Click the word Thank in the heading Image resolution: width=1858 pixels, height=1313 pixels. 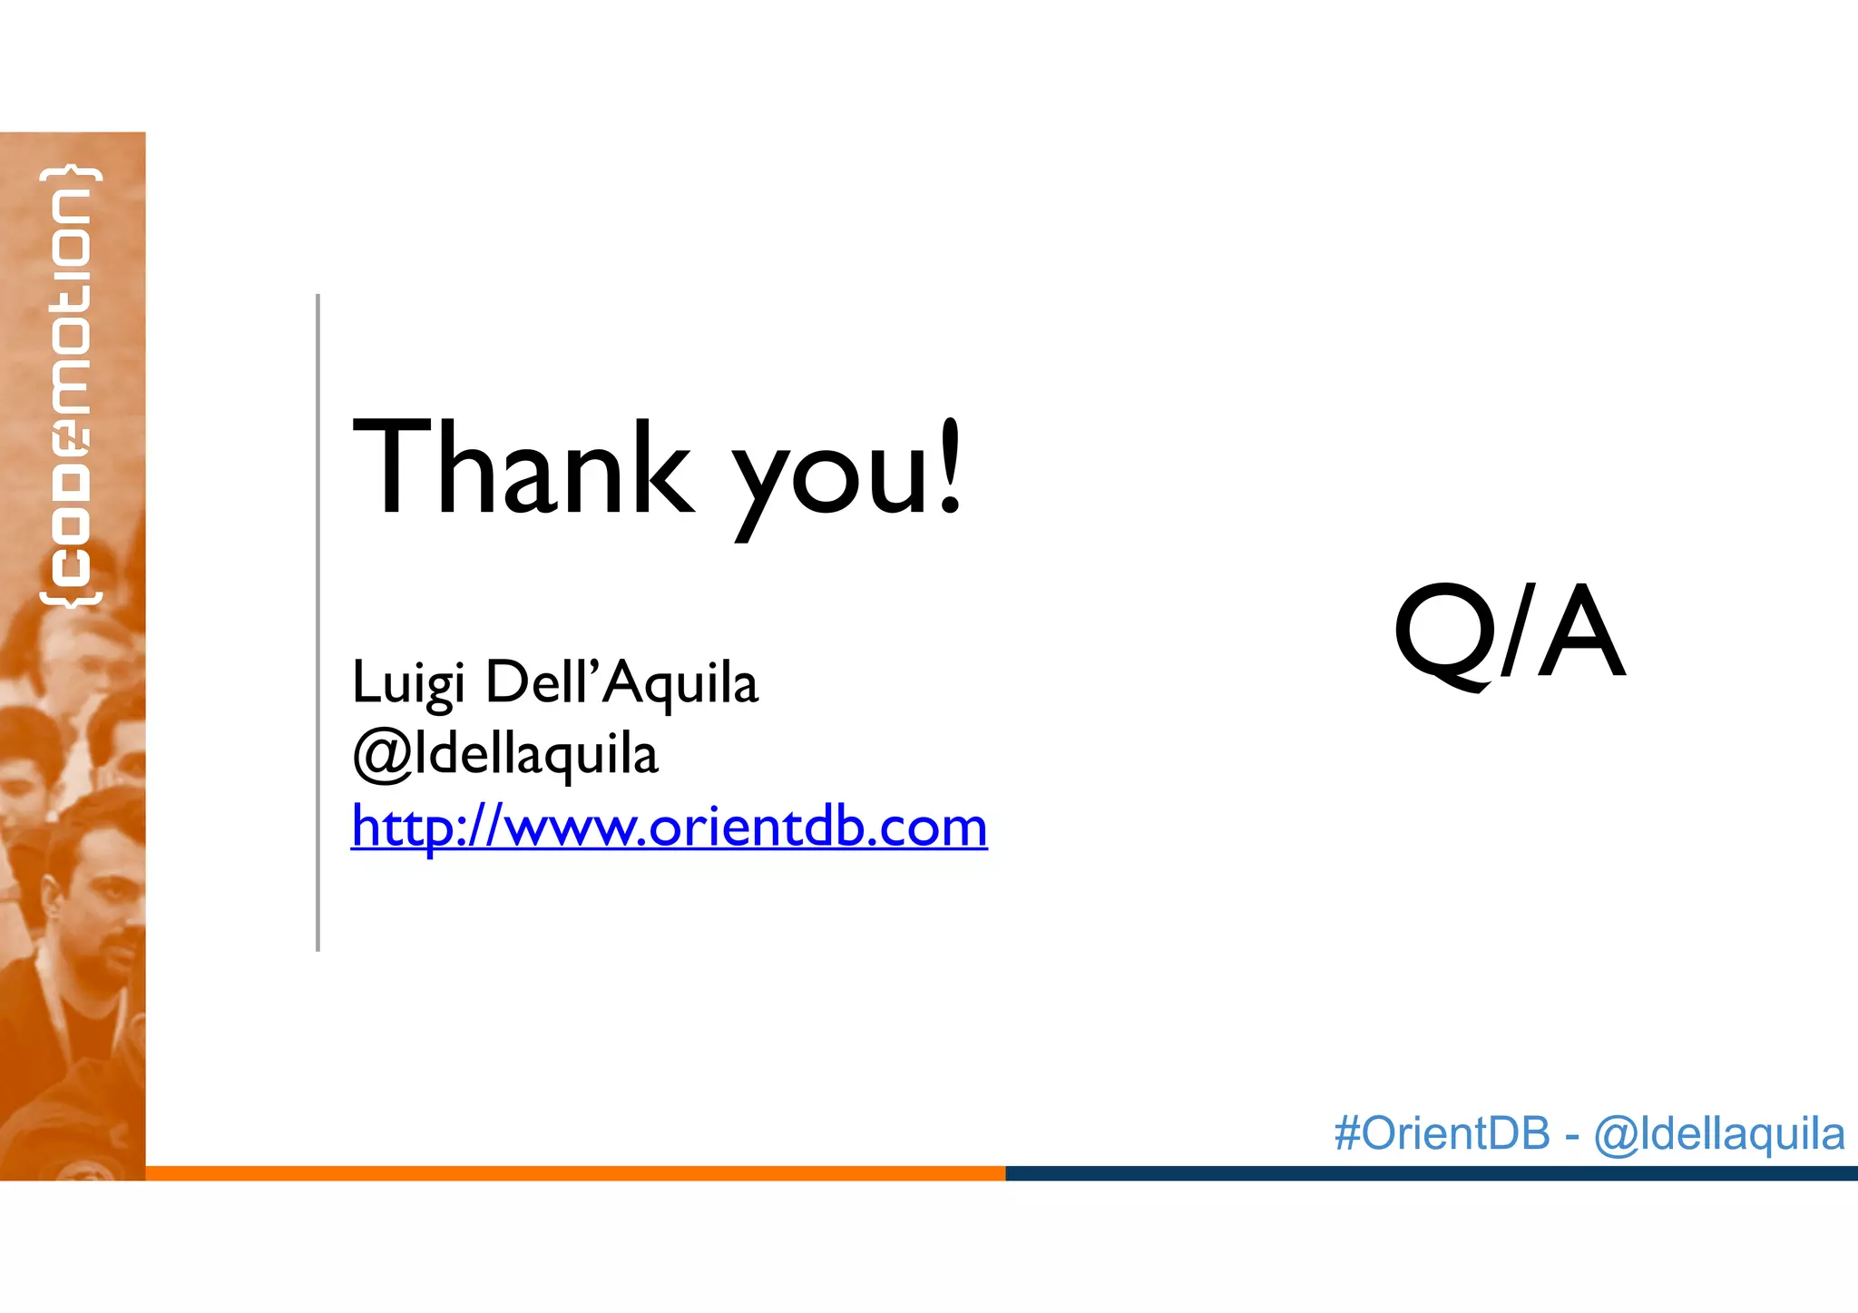(522, 470)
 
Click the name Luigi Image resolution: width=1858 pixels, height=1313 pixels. (407, 682)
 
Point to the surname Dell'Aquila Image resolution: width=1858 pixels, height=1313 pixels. (621, 682)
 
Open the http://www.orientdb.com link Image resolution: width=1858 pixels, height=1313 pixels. (669, 827)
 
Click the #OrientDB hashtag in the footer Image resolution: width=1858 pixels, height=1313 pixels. (1442, 1133)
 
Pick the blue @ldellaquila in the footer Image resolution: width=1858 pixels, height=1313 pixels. (1718, 1133)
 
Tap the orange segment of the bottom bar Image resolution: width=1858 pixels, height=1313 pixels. (575, 1173)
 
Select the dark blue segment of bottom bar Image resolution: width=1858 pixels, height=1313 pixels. (1431, 1173)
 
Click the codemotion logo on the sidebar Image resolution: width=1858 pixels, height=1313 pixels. (71, 386)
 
